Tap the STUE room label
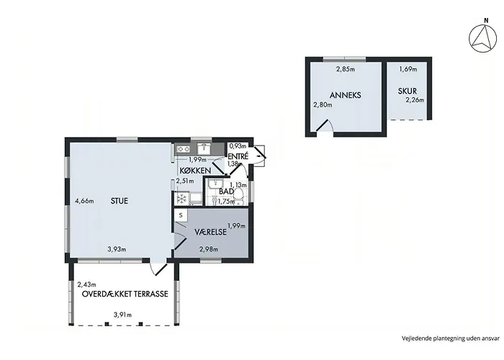pyautogui.click(x=120, y=201)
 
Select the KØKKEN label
pyautogui.click(x=195, y=171)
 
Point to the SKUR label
pyautogui.click(x=408, y=91)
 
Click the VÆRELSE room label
pyautogui.click(x=210, y=232)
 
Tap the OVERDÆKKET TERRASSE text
pyautogui.click(x=125, y=294)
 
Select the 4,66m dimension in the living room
pyautogui.click(x=84, y=201)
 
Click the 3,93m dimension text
pyautogui.click(x=117, y=249)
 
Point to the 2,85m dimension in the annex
pyautogui.click(x=346, y=69)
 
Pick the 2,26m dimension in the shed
pyautogui.click(x=415, y=100)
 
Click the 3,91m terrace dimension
pyautogui.click(x=122, y=315)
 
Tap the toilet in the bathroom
pyautogui.click(x=238, y=196)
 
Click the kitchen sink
pyautogui.click(x=204, y=149)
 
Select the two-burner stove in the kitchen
pyautogui.click(x=183, y=149)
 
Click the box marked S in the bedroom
pyautogui.click(x=181, y=215)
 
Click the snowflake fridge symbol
pyautogui.click(x=181, y=199)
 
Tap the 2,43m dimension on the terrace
pyautogui.click(x=87, y=284)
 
